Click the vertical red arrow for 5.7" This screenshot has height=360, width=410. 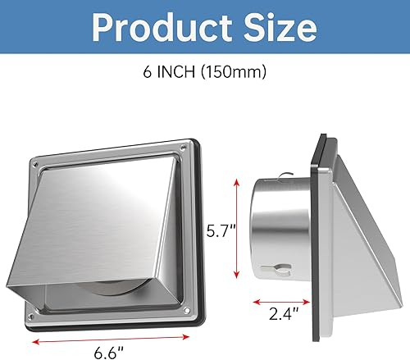pyautogui.click(x=237, y=226)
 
